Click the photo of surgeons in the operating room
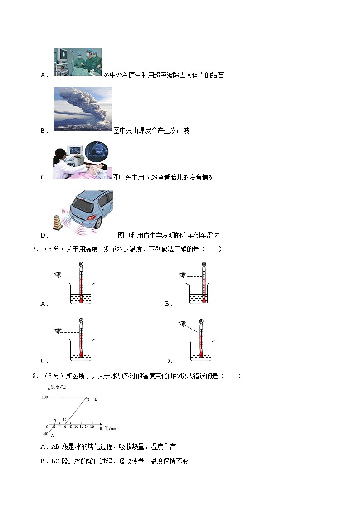pos(77,62)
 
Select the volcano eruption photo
pos(82,109)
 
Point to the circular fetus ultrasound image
pos(97,152)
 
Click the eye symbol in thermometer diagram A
pos(58,274)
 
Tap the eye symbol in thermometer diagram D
pos(182,323)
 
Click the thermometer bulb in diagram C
pos(81,355)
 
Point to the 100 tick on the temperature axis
pos(45,397)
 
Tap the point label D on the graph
pos(88,400)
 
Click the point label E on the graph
pos(96,399)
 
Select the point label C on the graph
pos(64,420)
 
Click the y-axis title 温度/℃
pos(58,387)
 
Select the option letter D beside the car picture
pos(44,236)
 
